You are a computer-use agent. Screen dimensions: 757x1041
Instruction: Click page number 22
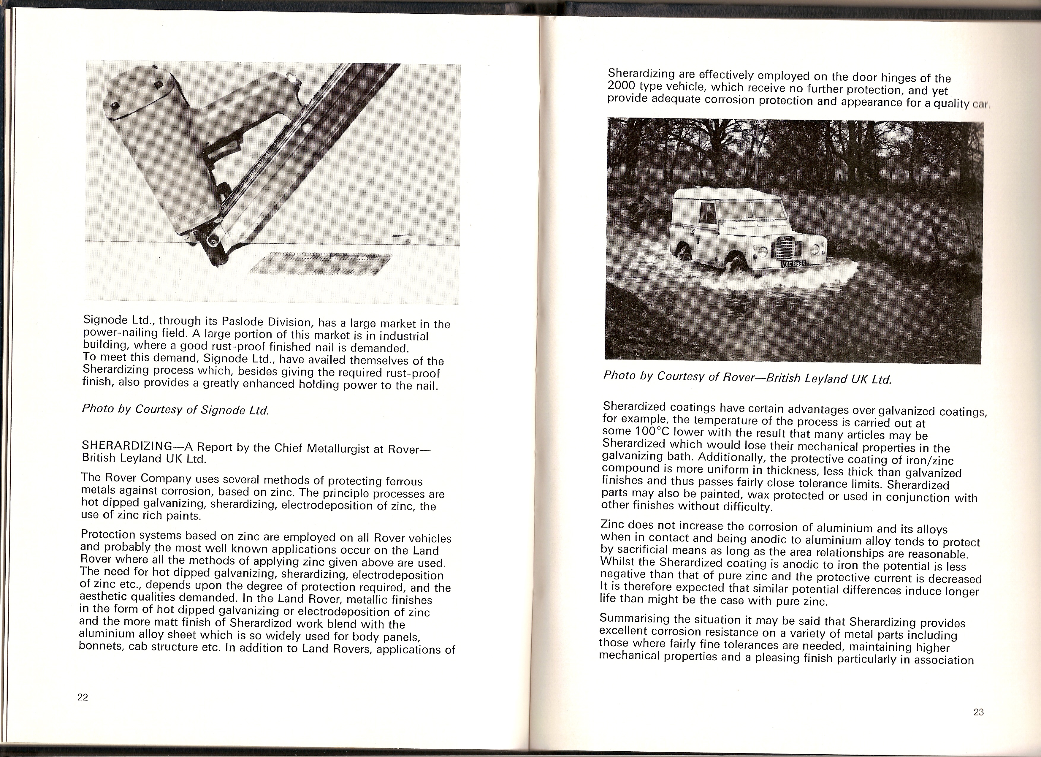[83, 697]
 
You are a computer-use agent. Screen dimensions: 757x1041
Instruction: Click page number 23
[978, 725]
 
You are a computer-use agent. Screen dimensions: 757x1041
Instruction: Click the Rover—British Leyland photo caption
[747, 377]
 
